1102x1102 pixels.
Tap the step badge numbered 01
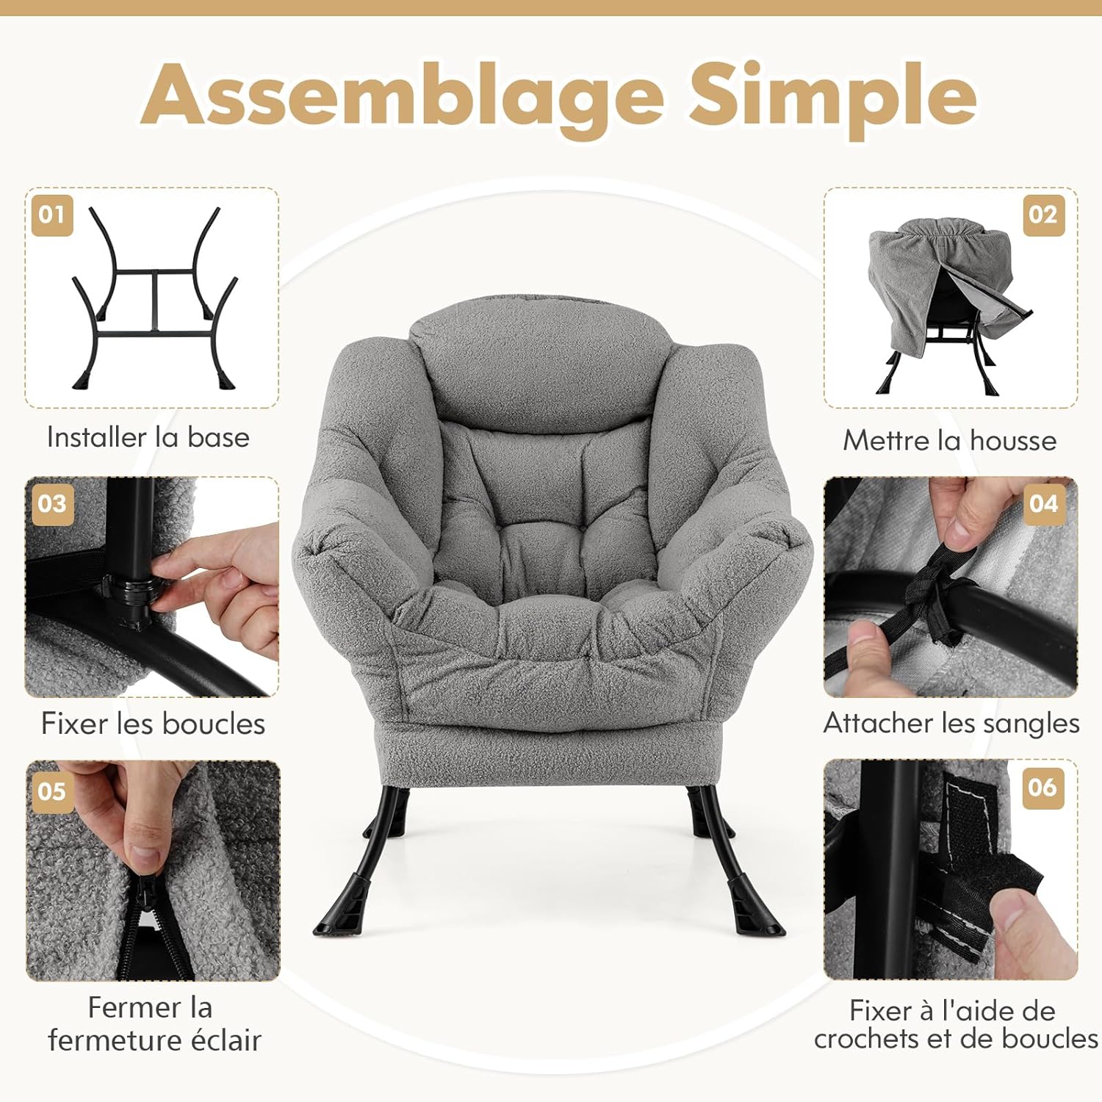52,215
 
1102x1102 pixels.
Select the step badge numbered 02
1043,215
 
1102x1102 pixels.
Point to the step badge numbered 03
52,504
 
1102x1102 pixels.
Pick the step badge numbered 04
1043,504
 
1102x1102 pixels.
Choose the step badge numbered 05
52,792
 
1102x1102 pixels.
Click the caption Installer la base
148,437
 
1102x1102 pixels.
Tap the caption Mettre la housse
950,440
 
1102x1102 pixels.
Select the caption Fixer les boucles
153,724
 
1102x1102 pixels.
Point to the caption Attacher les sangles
951,724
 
